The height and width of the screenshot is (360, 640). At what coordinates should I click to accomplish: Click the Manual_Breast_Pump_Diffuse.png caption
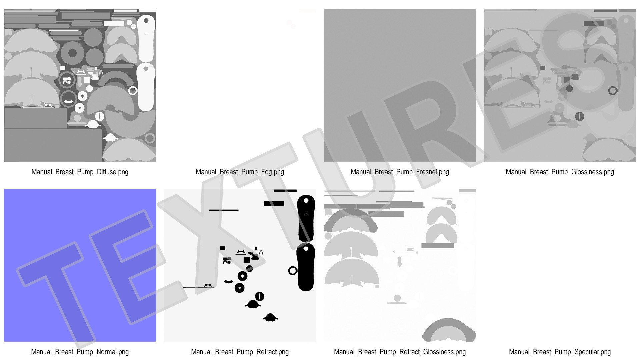(x=80, y=172)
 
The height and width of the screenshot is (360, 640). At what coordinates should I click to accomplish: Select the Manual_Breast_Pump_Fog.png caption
(x=240, y=172)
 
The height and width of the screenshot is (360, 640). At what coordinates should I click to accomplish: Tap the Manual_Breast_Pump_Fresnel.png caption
(x=400, y=172)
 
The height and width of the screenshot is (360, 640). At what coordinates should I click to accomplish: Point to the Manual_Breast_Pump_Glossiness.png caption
(x=560, y=172)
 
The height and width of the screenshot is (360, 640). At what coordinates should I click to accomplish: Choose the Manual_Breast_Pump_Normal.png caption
(x=80, y=352)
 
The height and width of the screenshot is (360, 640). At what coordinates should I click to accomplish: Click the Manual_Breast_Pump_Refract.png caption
(x=240, y=352)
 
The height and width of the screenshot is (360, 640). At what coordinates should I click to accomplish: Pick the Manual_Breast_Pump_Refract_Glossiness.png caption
(x=400, y=352)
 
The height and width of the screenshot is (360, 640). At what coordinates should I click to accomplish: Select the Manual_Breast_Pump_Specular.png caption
(x=560, y=352)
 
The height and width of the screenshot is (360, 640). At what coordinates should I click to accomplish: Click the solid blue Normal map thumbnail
(x=80, y=265)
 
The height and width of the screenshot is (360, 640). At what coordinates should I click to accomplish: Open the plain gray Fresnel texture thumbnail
(x=400, y=85)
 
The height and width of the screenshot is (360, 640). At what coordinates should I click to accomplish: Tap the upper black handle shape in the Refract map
(x=306, y=218)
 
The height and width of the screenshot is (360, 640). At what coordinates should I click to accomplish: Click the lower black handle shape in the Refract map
(x=306, y=267)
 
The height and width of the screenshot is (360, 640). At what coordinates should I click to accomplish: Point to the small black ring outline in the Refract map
(x=293, y=271)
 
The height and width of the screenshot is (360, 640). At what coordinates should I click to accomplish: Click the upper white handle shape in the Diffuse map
(x=146, y=38)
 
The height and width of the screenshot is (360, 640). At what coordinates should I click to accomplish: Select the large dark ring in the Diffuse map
(x=72, y=53)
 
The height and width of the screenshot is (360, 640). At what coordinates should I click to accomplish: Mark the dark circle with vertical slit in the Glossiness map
(x=580, y=116)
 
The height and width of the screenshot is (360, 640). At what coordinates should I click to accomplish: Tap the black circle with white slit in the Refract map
(x=260, y=296)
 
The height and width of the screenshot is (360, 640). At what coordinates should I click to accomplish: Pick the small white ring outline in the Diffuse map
(x=133, y=91)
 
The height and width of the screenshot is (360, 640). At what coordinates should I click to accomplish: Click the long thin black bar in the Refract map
(x=224, y=210)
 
